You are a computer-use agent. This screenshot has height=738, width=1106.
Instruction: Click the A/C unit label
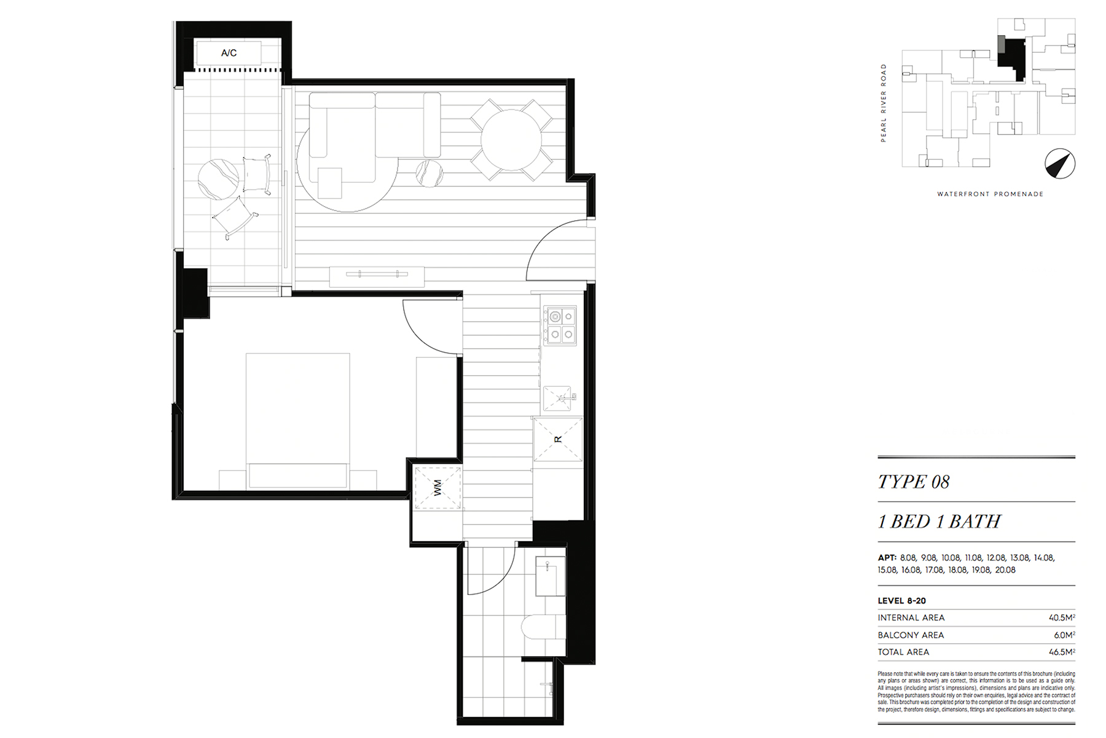pos(229,53)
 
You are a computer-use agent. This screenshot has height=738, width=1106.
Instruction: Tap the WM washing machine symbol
pos(437,488)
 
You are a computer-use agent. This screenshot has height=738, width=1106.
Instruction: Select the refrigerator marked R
pos(558,439)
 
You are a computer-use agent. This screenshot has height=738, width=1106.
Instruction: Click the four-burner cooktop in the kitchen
pos(560,325)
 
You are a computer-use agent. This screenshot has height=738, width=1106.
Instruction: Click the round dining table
pos(511,140)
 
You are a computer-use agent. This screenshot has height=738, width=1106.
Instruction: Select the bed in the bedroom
pos(298,421)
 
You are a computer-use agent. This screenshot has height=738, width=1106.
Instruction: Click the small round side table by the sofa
pos(429,173)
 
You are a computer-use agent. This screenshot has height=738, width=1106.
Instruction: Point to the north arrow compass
pos(1060,164)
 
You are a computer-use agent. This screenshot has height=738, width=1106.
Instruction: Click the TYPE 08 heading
pos(914,482)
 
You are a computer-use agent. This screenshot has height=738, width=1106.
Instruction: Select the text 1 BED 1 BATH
pos(939,522)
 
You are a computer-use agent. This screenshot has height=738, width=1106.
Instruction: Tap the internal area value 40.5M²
pos(1062,617)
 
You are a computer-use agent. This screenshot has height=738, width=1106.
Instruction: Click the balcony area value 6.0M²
pos(1065,635)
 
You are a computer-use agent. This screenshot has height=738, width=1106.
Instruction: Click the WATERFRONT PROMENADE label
pos(990,194)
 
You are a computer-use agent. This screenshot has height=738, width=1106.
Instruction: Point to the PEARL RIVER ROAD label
pos(884,103)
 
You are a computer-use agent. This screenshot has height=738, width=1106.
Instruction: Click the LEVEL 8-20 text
pos(901,601)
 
